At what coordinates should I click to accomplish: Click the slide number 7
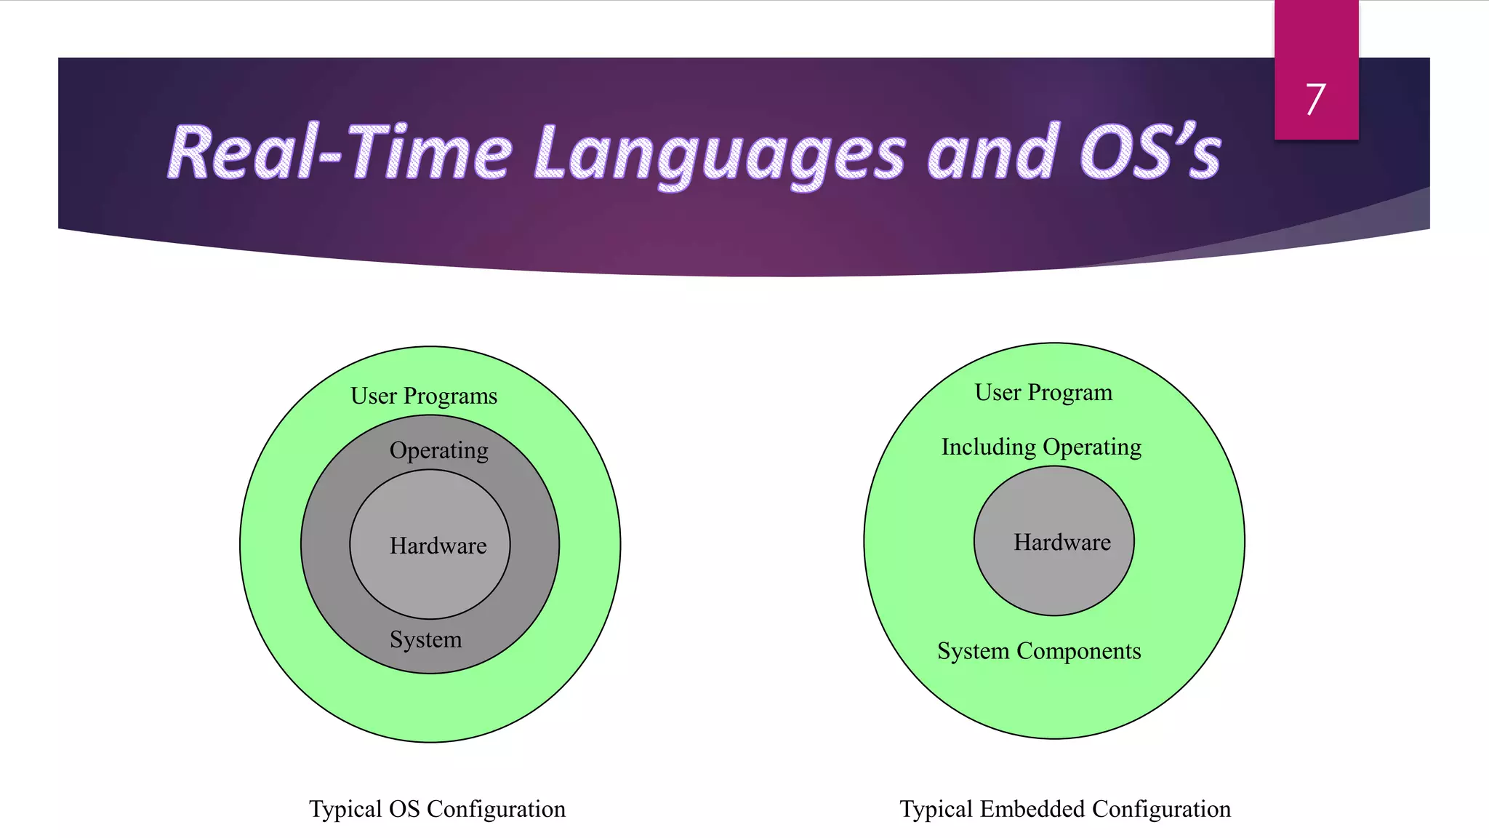[1315, 100]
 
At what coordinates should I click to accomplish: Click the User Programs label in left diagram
[424, 396]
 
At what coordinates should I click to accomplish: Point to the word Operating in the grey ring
[438, 450]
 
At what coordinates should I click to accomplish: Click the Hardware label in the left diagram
[438, 546]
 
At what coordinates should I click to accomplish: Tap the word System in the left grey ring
[425, 639]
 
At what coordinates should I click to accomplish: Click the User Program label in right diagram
[1043, 393]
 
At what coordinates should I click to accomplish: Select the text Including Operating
[1041, 447]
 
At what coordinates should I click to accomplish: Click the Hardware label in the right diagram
[1062, 542]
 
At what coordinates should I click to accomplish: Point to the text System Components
[1039, 651]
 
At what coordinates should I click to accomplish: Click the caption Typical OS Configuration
[437, 809]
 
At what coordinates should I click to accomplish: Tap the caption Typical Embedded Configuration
[1065, 809]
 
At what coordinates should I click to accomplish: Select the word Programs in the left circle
[450, 396]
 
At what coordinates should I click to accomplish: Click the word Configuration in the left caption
[496, 809]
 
